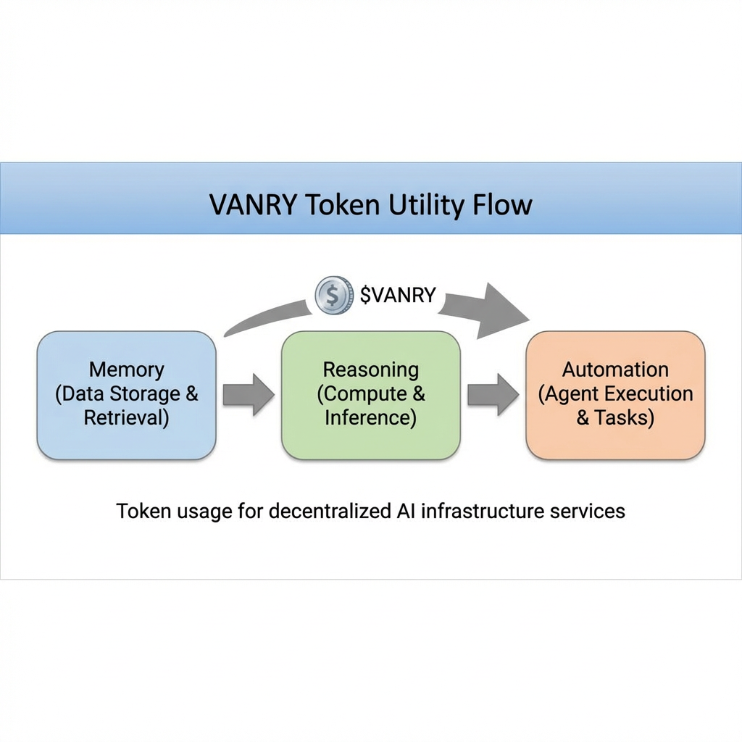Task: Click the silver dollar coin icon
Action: [333, 295]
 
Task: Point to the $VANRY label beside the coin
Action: [398, 295]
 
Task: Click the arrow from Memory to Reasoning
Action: [248, 395]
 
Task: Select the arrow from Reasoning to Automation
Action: [493, 395]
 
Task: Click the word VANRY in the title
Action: [253, 205]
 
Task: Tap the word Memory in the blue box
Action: [127, 370]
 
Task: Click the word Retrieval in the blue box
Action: [127, 418]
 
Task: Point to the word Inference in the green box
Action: [370, 418]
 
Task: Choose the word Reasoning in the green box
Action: [370, 370]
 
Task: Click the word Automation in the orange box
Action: [615, 370]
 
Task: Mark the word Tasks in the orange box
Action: [624, 418]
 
